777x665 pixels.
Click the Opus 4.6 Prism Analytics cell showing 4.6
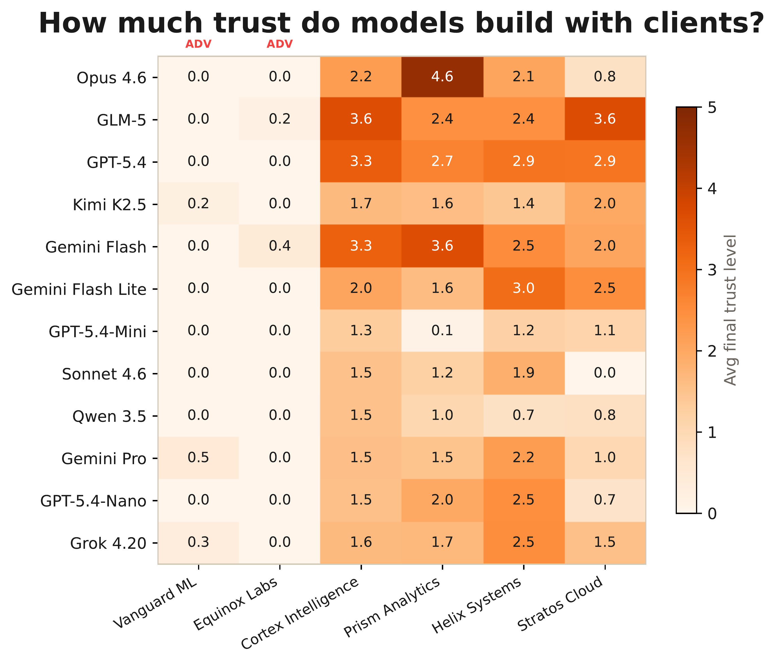click(442, 77)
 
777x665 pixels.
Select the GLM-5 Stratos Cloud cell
click(605, 119)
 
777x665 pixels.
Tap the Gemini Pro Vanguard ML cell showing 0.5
click(198, 458)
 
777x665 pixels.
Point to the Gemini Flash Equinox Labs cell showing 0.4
click(280, 246)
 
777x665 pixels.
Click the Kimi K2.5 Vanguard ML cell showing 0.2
click(198, 204)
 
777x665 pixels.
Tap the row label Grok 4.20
click(108, 543)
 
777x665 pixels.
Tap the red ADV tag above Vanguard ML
click(198, 44)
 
